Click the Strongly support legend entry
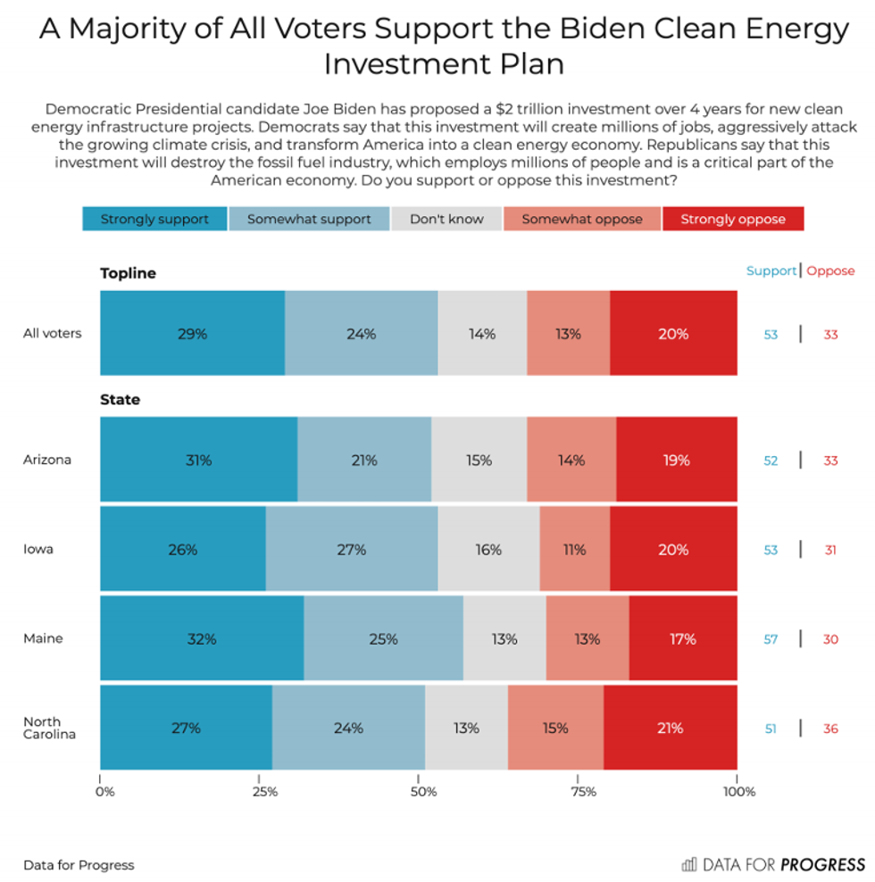[x=154, y=219]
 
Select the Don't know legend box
[x=446, y=219]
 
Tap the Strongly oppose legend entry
[x=733, y=219]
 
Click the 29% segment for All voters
[x=192, y=334]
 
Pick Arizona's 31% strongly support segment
[x=198, y=461]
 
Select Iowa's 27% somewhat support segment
[x=352, y=550]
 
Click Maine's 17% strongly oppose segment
[x=683, y=639]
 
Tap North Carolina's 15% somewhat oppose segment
[x=555, y=728]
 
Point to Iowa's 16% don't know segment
[x=488, y=550]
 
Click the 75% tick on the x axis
[x=584, y=791]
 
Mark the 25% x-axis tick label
[x=264, y=791]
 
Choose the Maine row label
[x=43, y=639]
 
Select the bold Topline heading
[x=128, y=273]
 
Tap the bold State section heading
[x=120, y=400]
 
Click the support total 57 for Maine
[x=771, y=639]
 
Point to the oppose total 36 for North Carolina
[x=830, y=728]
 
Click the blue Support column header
[x=771, y=270]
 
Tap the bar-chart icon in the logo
[x=689, y=864]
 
